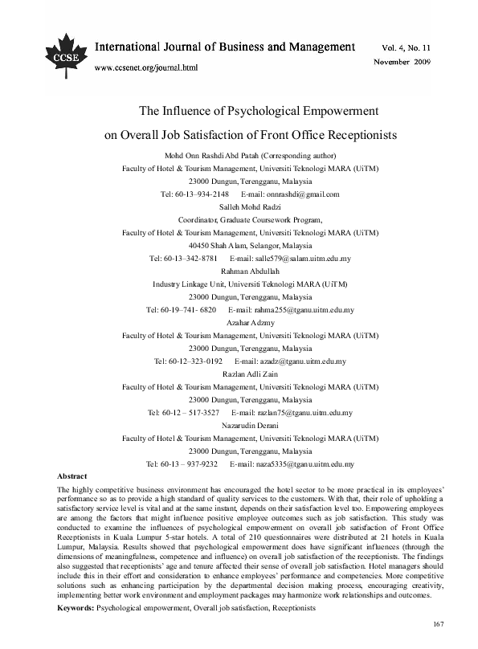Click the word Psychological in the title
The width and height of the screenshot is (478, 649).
coord(261,112)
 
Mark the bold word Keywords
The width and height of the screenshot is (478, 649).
coord(76,609)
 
